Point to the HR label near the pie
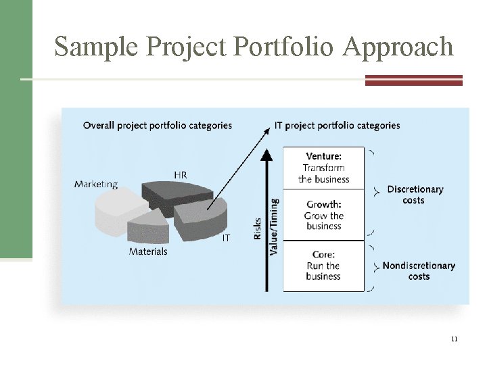[x=181, y=175]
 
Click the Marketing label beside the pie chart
[x=96, y=184]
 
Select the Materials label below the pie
[x=148, y=251]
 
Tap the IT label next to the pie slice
[x=226, y=238]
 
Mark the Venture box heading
[x=323, y=157]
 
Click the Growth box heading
[x=324, y=204]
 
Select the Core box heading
[x=323, y=254]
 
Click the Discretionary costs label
[x=415, y=195]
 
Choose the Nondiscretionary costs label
[x=419, y=270]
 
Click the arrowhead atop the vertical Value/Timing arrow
[x=268, y=155]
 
